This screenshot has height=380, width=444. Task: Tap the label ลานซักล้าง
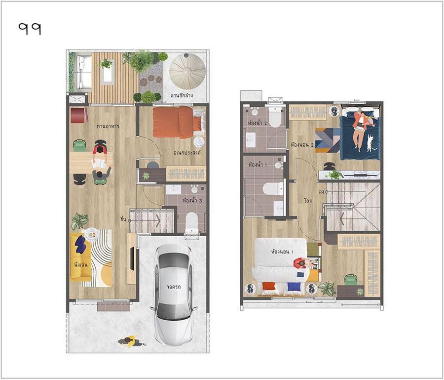[182, 95]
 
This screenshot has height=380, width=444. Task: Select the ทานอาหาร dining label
[108, 126]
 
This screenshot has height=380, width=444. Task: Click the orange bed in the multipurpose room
[177, 122]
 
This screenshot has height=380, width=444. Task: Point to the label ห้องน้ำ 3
[192, 201]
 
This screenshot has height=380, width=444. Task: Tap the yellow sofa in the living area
[80, 257]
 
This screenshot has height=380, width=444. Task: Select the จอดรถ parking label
[174, 287]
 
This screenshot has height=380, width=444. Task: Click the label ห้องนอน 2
[302, 145]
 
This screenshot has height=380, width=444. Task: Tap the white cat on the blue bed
[370, 143]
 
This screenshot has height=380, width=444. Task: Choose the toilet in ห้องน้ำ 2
[275, 117]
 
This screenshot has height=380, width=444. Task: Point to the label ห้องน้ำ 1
[258, 165]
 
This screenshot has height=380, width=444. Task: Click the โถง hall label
[307, 201]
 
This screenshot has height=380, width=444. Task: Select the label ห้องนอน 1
[282, 252]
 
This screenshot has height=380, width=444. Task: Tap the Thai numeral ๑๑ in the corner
[30, 29]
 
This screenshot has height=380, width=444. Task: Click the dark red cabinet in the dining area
[79, 116]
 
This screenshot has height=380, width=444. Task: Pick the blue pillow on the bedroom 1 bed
[294, 287]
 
